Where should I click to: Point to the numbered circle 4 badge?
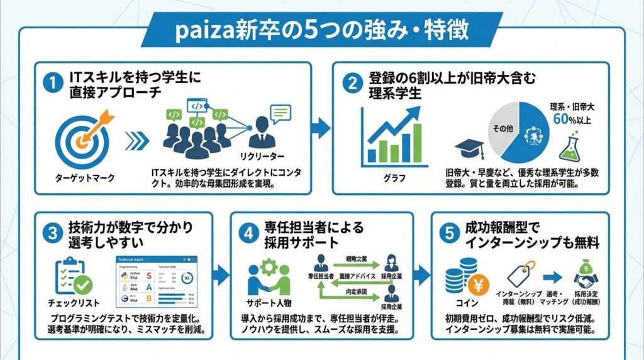[x=250, y=233]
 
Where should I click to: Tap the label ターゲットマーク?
[x=85, y=177]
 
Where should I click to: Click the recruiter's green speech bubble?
[x=279, y=113]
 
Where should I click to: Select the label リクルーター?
[x=262, y=155]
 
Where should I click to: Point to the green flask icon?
[x=569, y=147]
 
